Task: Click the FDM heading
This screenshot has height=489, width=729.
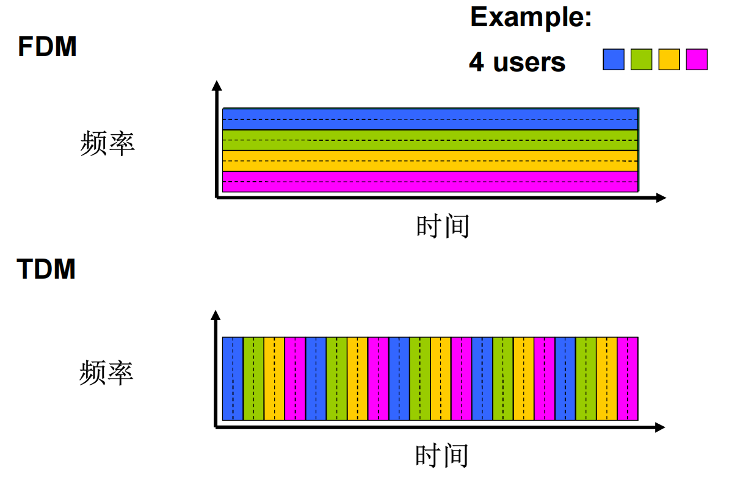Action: point(47,46)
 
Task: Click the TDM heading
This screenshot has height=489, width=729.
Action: point(46,269)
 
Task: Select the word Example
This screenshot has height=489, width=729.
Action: point(531,18)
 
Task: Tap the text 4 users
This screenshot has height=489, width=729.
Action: point(517,62)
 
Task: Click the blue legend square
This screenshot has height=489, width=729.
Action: point(613,59)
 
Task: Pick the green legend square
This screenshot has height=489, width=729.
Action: point(641,59)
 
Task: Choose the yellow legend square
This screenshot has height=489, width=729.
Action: point(669,59)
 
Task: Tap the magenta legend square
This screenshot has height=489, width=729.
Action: point(697,59)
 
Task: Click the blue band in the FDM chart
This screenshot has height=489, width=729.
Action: point(430,119)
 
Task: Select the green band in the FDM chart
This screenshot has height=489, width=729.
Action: point(430,140)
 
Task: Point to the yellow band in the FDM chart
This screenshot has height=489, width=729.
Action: point(430,161)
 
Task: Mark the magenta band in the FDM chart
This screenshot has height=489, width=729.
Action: point(430,182)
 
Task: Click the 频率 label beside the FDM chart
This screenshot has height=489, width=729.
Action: point(107,143)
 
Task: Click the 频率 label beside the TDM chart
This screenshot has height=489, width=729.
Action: point(106,373)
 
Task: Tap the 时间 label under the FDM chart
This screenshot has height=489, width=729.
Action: point(443,226)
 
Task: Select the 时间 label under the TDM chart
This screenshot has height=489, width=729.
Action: point(441,455)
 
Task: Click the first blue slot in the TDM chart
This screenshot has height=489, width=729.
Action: point(233,379)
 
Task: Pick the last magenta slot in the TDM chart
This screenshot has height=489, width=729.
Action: point(628,379)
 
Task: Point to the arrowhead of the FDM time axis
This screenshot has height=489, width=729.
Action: point(661,198)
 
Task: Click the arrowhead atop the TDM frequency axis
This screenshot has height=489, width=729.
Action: point(216,315)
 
